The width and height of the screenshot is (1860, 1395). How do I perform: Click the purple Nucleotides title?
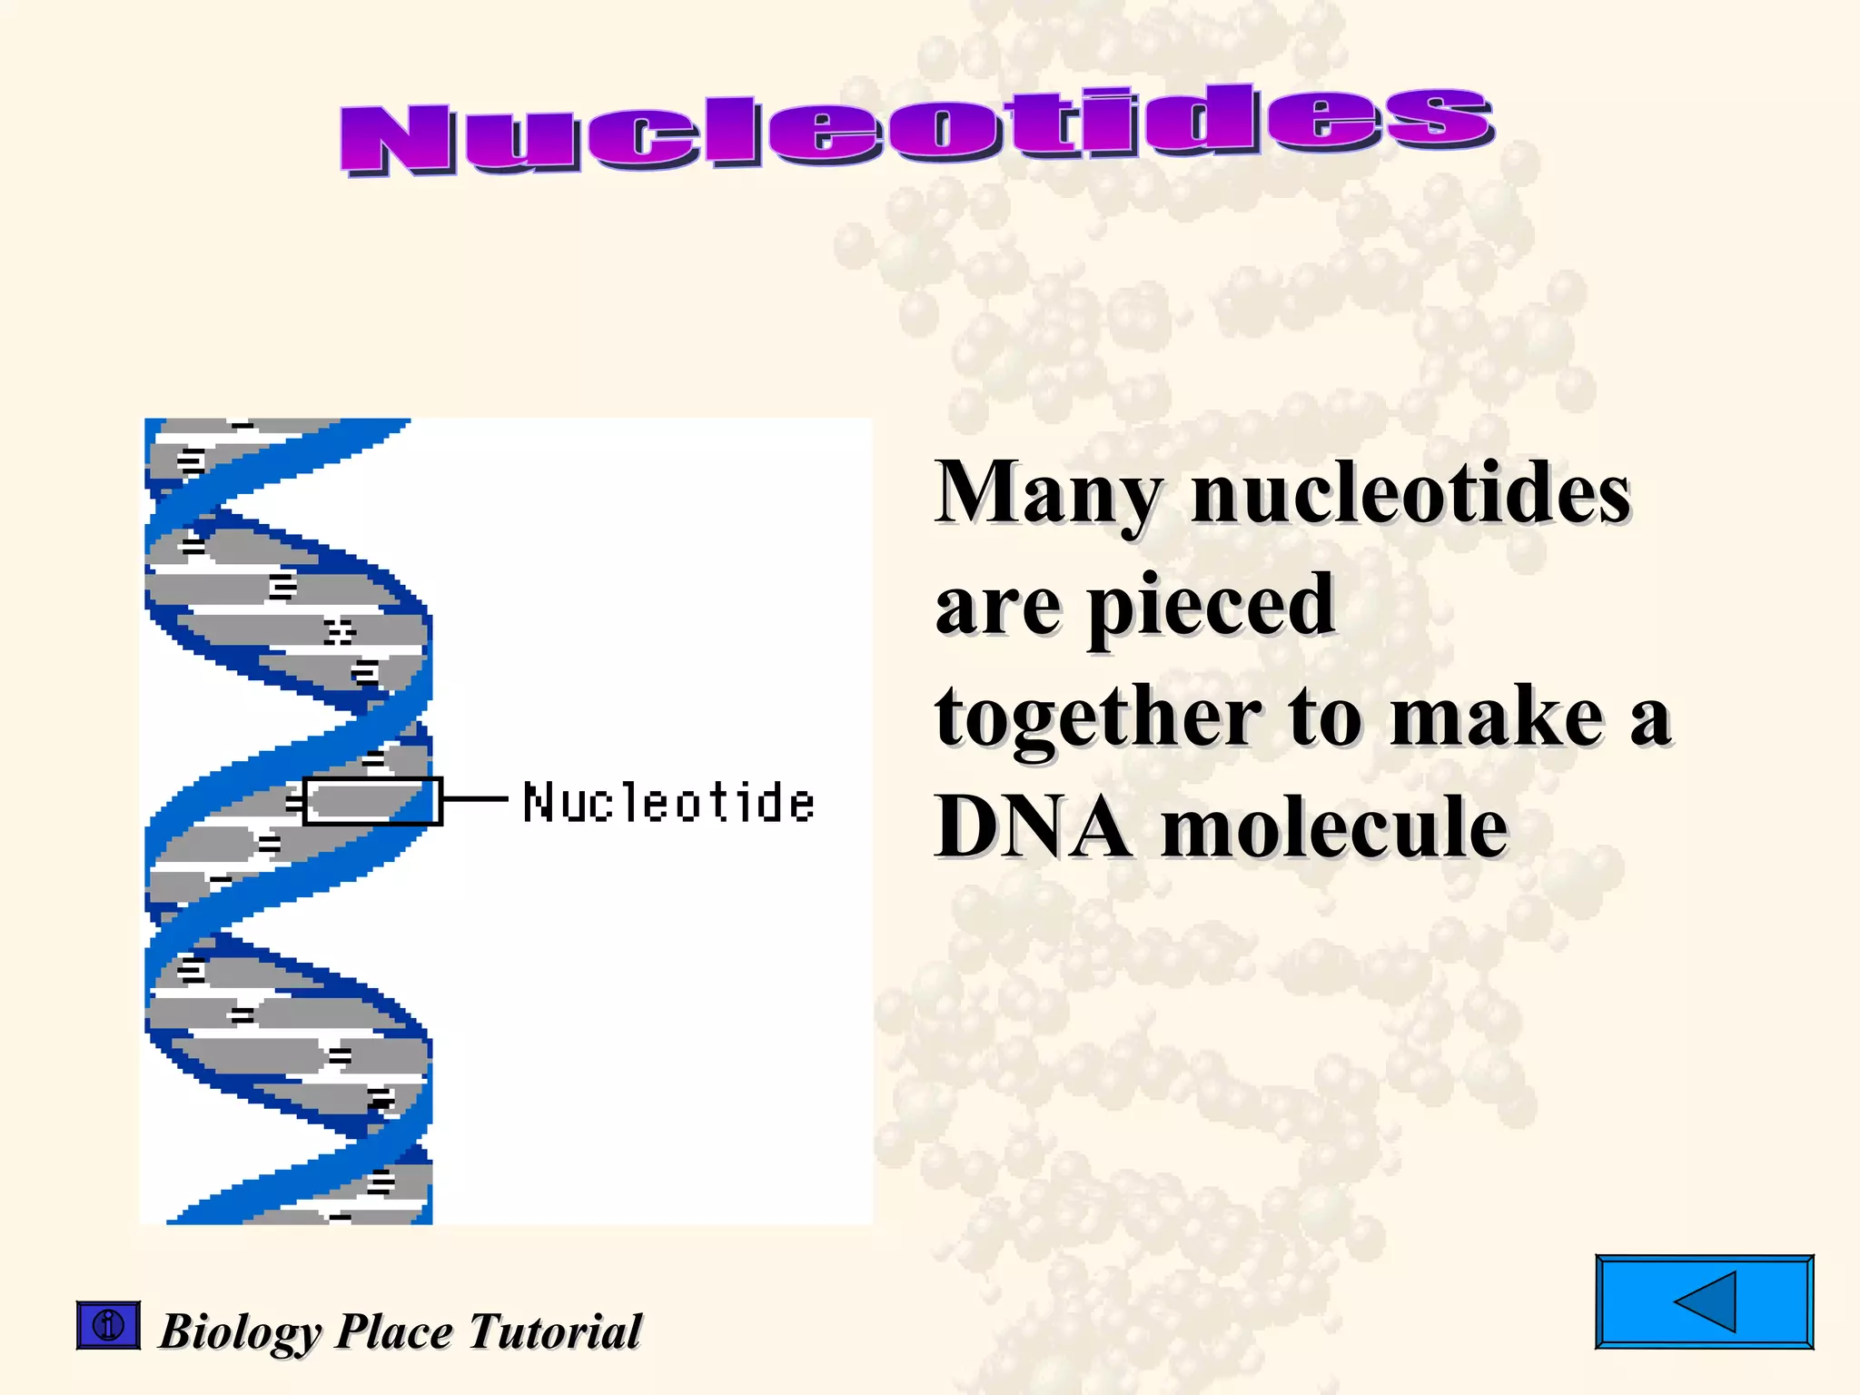pyautogui.click(x=917, y=130)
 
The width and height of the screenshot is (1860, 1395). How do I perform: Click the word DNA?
pyautogui.click(x=1034, y=826)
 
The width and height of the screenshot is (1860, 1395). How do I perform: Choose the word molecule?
pyautogui.click(x=1335, y=826)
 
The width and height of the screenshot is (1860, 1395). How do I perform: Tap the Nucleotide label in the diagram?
pyautogui.click(x=668, y=803)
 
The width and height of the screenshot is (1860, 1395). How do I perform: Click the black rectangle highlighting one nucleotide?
pyautogui.click(x=372, y=801)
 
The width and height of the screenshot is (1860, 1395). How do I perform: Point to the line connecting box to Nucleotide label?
pyautogui.click(x=475, y=800)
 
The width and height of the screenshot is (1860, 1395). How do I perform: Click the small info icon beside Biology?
pyautogui.click(x=108, y=1325)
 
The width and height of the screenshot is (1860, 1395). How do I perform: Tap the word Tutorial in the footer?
pyautogui.click(x=555, y=1331)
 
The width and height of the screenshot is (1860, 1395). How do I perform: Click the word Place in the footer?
pyautogui.click(x=394, y=1332)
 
